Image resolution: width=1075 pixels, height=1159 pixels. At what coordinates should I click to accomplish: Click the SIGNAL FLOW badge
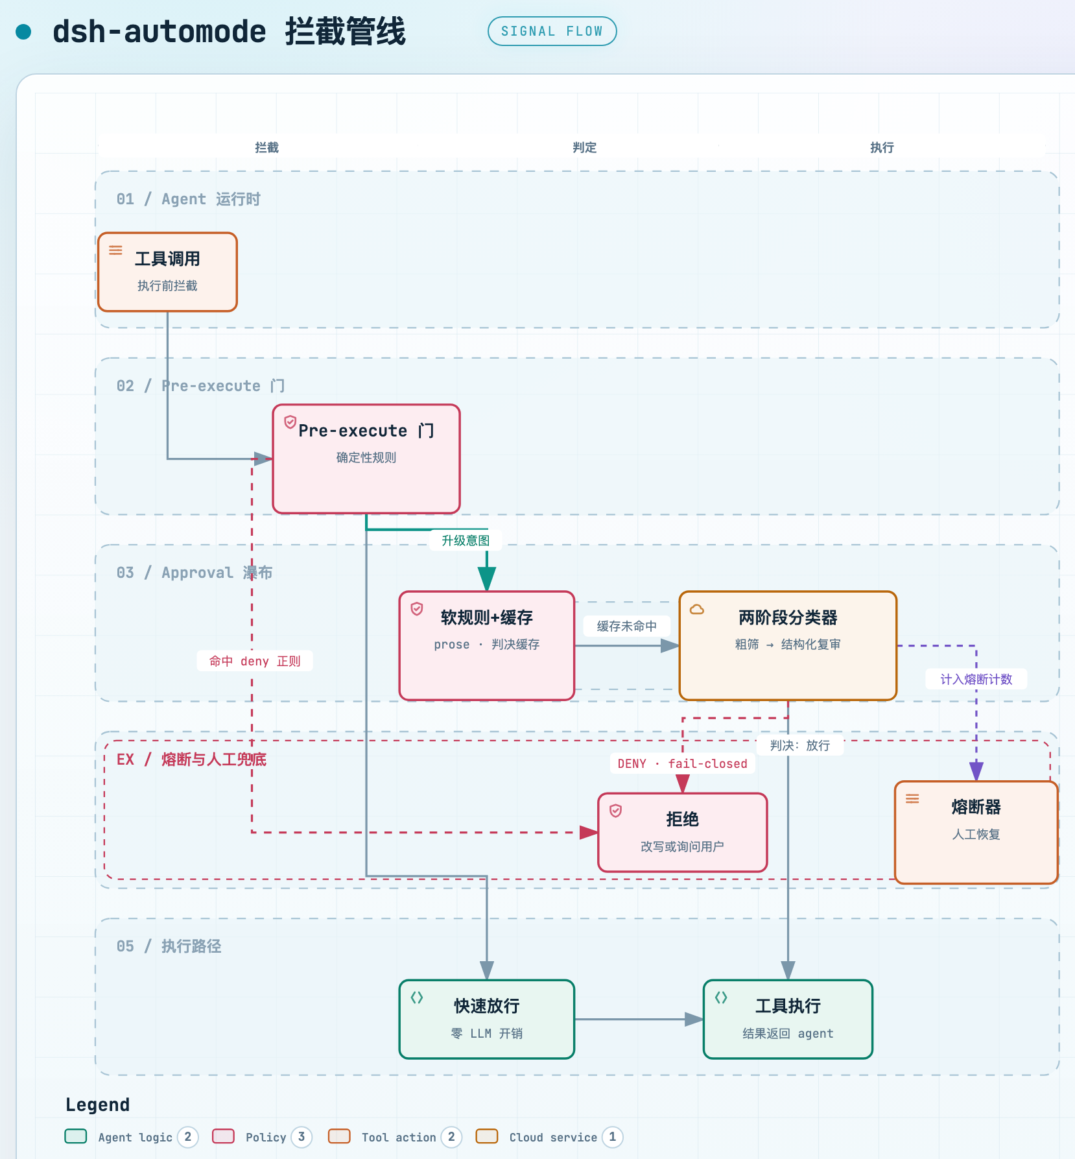[552, 31]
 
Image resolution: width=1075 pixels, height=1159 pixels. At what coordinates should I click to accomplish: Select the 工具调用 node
[167, 272]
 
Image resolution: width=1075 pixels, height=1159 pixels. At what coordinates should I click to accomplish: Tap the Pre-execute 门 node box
[366, 459]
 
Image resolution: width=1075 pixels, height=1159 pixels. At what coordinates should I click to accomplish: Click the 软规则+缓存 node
[487, 646]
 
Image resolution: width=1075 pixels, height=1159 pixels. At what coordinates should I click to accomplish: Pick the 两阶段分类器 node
[788, 646]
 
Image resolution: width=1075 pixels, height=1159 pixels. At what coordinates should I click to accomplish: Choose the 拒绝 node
[683, 833]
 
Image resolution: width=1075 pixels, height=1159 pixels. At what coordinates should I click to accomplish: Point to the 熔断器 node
[976, 833]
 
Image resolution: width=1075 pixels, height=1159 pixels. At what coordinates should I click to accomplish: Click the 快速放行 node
[487, 1020]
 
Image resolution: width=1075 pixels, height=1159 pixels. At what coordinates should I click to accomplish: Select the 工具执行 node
[788, 1020]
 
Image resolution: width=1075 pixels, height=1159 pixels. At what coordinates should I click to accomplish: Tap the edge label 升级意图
[466, 541]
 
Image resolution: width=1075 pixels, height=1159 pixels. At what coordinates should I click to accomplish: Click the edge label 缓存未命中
[627, 627]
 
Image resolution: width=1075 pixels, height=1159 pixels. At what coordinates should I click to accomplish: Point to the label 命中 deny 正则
[255, 662]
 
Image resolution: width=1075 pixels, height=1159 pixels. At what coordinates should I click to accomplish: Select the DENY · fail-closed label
[683, 764]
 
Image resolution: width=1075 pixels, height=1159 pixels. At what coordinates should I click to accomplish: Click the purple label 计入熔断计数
[976, 680]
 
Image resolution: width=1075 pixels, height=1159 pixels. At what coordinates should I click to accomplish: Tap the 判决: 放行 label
[800, 746]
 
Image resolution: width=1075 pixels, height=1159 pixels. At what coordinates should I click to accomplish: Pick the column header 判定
[584, 148]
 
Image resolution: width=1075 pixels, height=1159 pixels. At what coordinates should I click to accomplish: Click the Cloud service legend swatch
[487, 1136]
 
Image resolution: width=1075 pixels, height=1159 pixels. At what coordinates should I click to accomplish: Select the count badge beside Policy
[301, 1136]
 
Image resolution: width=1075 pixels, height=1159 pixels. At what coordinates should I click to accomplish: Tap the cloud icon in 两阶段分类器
[697, 610]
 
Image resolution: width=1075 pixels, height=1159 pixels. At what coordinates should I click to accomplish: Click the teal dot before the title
[23, 32]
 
